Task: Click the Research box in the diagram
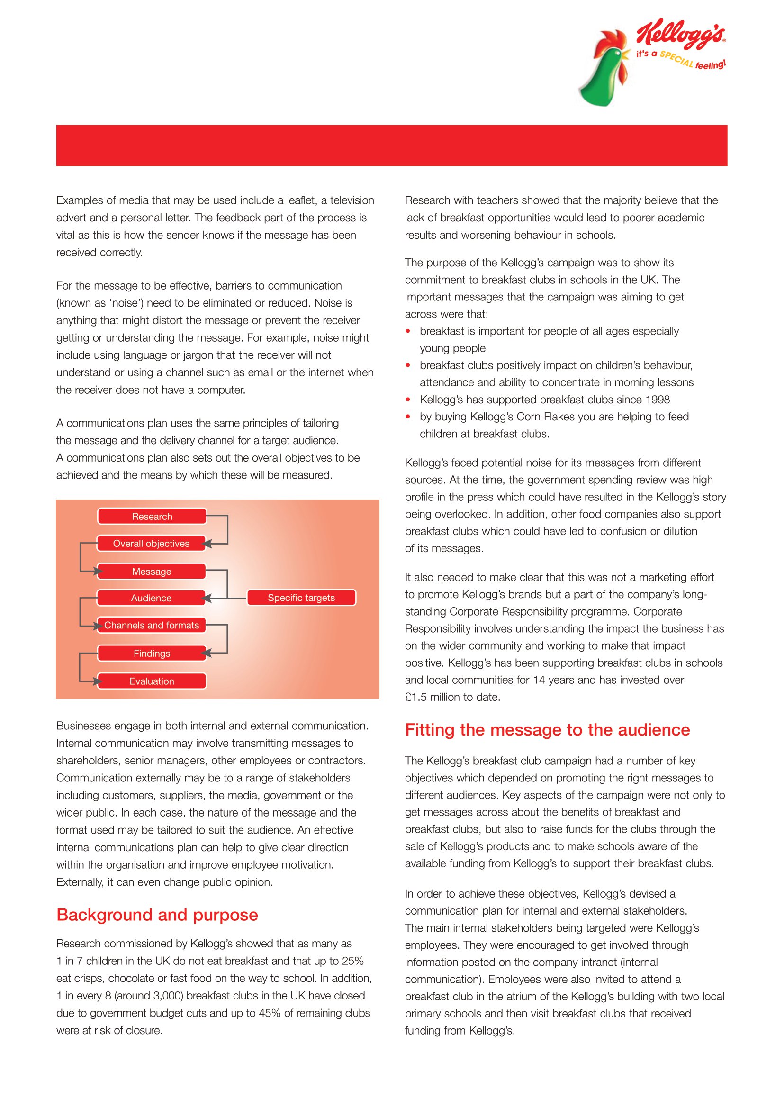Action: (152, 517)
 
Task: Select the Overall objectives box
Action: (151, 544)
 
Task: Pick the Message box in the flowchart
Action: (152, 572)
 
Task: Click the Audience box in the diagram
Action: (151, 598)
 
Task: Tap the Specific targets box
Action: (301, 598)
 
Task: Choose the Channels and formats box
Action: (152, 625)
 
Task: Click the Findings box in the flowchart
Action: (152, 654)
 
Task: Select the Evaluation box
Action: (152, 681)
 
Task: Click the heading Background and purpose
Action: (157, 915)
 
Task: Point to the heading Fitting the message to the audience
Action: (547, 729)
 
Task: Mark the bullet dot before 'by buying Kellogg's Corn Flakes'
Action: (408, 417)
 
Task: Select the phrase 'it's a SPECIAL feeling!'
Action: (680, 59)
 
